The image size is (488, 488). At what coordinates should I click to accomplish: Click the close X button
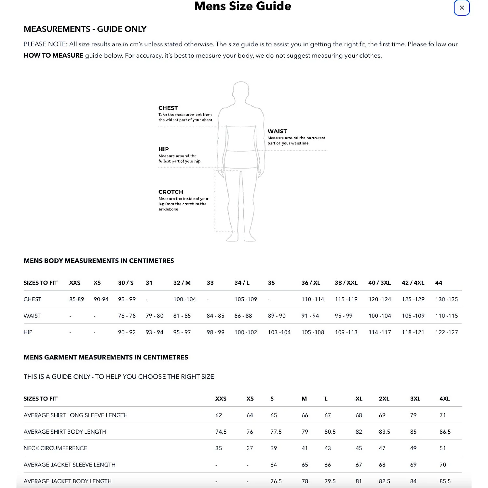coord(462,8)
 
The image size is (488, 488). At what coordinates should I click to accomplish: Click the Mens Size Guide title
coord(243,6)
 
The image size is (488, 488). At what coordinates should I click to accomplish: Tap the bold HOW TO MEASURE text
coord(53,55)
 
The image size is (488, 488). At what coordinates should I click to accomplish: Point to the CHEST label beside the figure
coord(168,108)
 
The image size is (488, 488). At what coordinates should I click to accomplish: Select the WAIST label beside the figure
coord(277,131)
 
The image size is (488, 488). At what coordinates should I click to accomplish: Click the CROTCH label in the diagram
coord(171,192)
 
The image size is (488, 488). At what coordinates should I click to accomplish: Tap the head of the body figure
coord(241,89)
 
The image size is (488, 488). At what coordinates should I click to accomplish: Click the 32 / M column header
coord(182,283)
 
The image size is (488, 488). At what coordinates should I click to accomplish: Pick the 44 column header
coord(439,283)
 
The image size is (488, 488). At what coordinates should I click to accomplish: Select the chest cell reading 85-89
coord(76,299)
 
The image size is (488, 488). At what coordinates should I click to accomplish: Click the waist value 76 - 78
coord(127,316)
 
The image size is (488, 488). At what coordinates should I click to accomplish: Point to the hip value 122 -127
coord(446,332)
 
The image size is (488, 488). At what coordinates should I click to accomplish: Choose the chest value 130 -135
coord(446,299)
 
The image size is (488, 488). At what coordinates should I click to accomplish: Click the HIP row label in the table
coord(28,332)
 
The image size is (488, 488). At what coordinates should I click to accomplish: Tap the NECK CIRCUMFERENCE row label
coord(55,448)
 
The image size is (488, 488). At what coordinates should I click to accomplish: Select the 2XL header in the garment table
coord(384,399)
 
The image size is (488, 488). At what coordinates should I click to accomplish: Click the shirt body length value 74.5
coord(221,432)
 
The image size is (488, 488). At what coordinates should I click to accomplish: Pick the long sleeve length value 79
coord(413,415)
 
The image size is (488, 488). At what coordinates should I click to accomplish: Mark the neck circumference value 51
coord(442,448)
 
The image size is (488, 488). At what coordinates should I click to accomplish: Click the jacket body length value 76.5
coord(276,481)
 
